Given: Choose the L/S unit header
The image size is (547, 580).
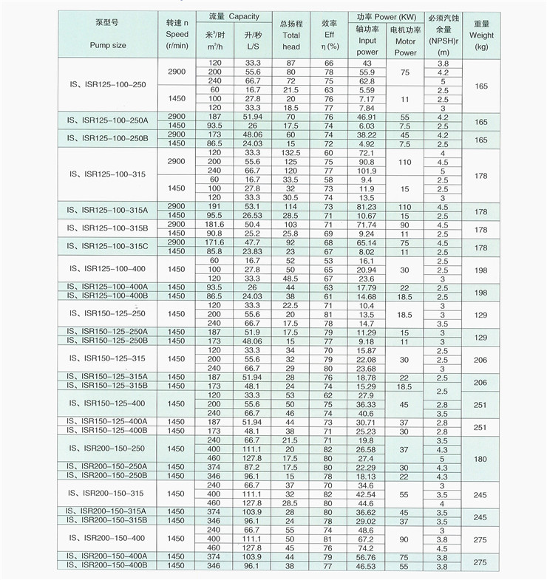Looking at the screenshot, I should click(x=251, y=46).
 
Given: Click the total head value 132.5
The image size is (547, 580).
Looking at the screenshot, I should click(x=291, y=152).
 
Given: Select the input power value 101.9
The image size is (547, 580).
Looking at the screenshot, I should click(x=367, y=171).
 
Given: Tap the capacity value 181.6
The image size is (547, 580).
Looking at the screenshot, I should click(x=215, y=224).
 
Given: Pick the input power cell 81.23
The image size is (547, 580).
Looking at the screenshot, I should click(x=367, y=206).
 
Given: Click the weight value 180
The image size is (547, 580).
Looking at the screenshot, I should click(x=481, y=459).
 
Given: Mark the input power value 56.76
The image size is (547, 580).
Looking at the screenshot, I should click(x=367, y=556).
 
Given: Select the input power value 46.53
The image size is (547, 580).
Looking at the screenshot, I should click(x=367, y=565).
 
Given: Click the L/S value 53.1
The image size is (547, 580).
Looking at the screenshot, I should click(x=251, y=206).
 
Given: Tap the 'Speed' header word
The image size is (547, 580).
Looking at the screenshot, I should click(x=177, y=34).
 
